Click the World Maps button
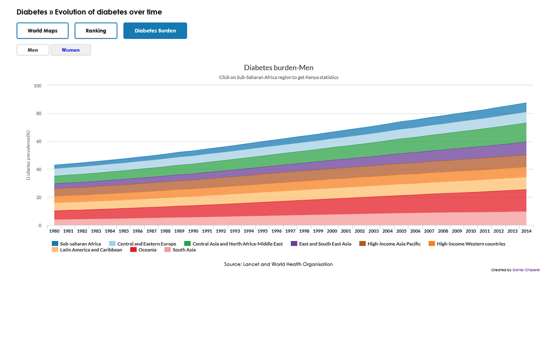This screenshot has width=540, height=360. click(x=42, y=31)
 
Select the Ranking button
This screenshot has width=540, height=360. click(x=96, y=31)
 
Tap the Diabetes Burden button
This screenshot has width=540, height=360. click(x=155, y=31)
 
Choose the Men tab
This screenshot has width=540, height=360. click(x=33, y=50)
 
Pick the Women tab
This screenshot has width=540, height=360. click(x=71, y=50)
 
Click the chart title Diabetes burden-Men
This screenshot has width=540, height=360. click(x=279, y=68)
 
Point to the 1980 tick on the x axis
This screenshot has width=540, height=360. click(x=54, y=231)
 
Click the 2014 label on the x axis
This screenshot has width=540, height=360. click(x=526, y=231)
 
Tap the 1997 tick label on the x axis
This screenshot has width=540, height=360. click(x=290, y=231)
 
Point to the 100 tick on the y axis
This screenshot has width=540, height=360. click(x=37, y=85)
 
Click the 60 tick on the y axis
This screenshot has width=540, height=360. click(x=39, y=141)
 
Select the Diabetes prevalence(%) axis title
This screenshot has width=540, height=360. click(x=28, y=155)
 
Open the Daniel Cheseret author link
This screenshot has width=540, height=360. click(x=526, y=270)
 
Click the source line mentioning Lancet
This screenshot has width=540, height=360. click(x=278, y=264)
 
